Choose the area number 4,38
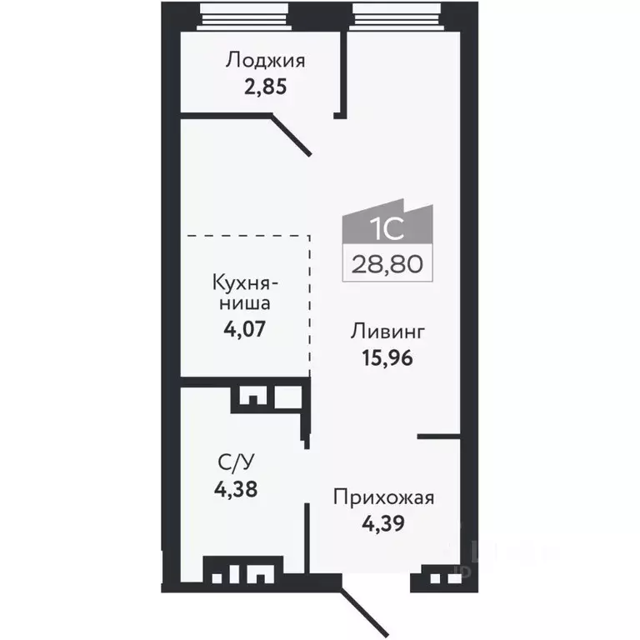click(235, 489)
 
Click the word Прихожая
click(384, 498)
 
